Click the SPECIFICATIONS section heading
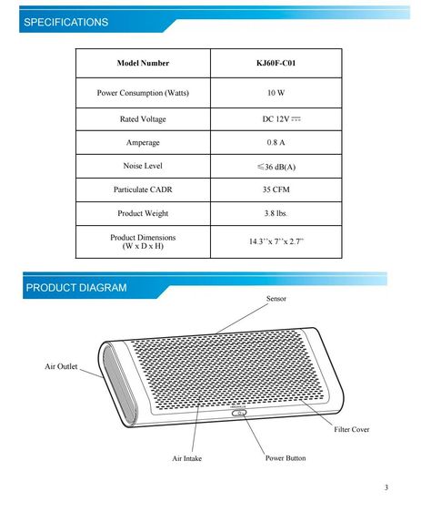[x=65, y=22]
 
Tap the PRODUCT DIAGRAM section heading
[x=76, y=288]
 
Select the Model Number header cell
[x=143, y=64]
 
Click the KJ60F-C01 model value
[x=276, y=64]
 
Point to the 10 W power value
[x=276, y=94]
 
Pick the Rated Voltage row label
[x=143, y=119]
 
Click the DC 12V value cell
[x=276, y=119]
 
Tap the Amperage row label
[x=143, y=143]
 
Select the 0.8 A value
[x=276, y=143]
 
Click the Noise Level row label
[x=143, y=167]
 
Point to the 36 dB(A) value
[x=276, y=167]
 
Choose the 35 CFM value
[x=276, y=190]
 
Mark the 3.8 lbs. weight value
[x=276, y=214]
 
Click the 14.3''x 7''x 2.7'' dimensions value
[x=276, y=242]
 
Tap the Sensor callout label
[x=276, y=299]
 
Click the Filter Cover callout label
[x=352, y=428]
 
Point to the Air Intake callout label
[x=187, y=458]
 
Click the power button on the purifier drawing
[x=239, y=413]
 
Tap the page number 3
[x=386, y=489]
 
